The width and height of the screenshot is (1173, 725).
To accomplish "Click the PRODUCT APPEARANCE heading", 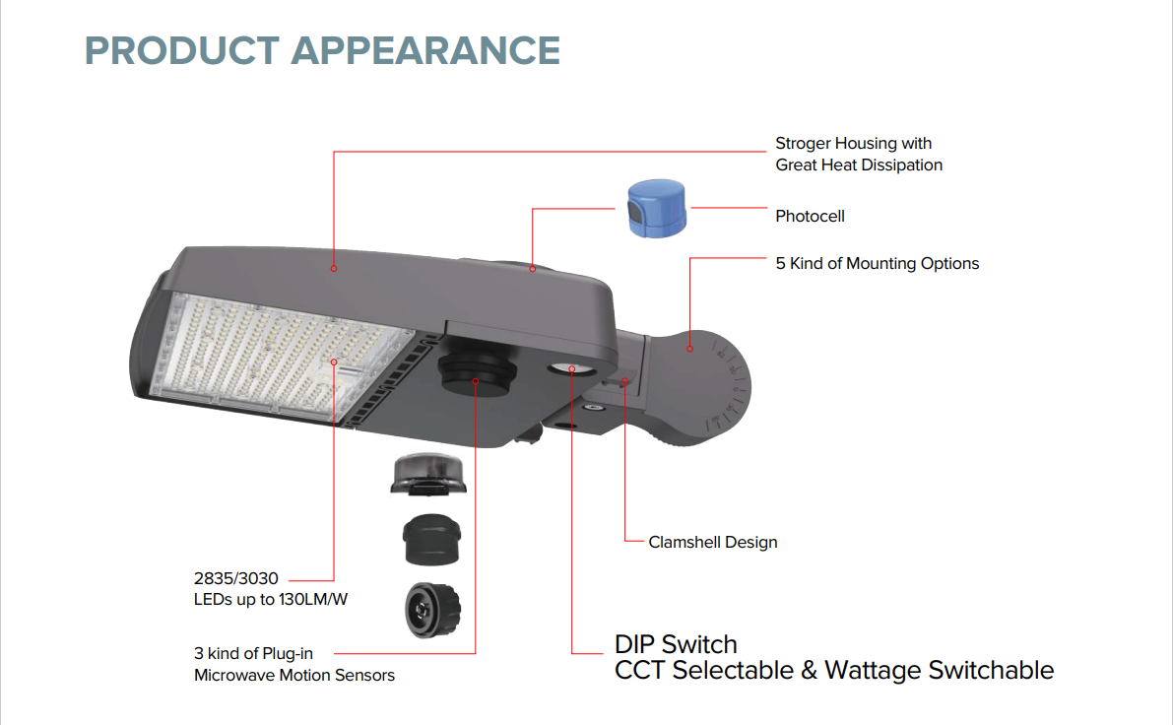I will [322, 50].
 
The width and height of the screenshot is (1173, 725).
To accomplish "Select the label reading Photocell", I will [810, 216].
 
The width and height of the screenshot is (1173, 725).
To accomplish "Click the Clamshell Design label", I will [713, 542].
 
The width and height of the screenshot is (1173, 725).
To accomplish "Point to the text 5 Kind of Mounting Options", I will [877, 263].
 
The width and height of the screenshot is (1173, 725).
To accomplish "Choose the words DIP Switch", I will [676, 644].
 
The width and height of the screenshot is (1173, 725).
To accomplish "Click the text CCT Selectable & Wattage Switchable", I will [833, 671].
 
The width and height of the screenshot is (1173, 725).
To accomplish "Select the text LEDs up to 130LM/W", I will [270, 599].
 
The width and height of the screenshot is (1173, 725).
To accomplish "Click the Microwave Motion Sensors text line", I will [294, 675].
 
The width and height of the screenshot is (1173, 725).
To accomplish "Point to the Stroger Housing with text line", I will [853, 144].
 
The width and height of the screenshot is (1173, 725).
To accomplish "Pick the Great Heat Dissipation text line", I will [859, 165].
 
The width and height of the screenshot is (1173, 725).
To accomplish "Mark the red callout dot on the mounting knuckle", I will [689, 348].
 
